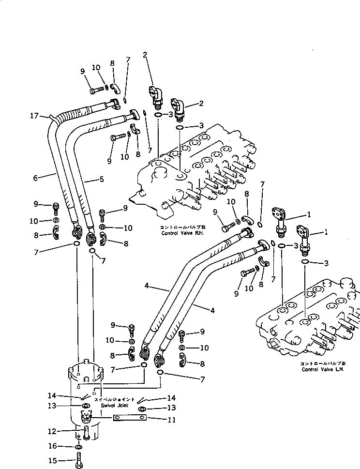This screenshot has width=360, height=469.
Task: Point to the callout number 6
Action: (35, 178)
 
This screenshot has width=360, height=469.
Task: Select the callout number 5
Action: (101, 179)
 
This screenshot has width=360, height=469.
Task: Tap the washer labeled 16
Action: (78, 446)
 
